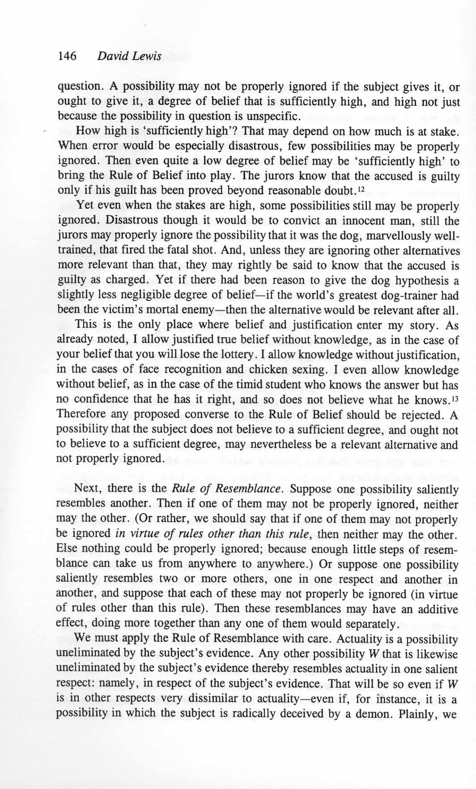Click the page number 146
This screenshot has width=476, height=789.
point(67,56)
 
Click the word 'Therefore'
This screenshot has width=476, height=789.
point(79,415)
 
